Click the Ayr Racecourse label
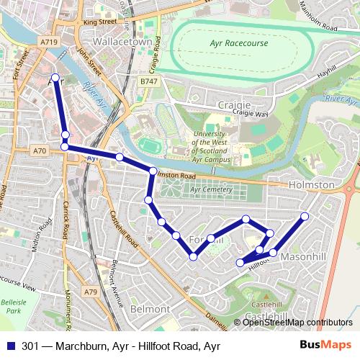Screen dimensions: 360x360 (238, 43)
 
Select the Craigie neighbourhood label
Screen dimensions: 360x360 (234, 104)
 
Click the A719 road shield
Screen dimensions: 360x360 (49, 42)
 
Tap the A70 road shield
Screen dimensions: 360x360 (40, 151)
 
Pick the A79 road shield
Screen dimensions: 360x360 (90, 292)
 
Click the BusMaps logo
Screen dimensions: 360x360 (326, 345)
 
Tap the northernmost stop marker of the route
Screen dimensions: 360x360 (55, 76)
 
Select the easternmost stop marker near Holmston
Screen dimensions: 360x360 (305, 216)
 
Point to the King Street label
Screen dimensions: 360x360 (99, 22)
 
